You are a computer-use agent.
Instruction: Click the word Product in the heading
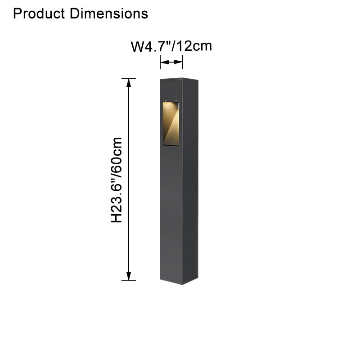click(x=40, y=13)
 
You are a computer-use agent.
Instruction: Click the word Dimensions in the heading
click(x=108, y=13)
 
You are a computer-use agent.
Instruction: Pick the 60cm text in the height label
click(x=117, y=155)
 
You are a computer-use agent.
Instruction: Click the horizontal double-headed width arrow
click(x=171, y=62)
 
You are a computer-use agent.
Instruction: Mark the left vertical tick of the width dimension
click(x=160, y=63)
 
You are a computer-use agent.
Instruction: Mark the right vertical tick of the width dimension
click(x=183, y=63)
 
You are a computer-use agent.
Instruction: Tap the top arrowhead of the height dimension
click(x=129, y=83)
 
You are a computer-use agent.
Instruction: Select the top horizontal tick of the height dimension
click(x=129, y=79)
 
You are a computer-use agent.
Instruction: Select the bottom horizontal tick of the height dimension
click(x=129, y=281)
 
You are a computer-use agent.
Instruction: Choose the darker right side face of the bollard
click(x=190, y=189)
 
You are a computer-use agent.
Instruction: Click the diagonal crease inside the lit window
click(x=172, y=126)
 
